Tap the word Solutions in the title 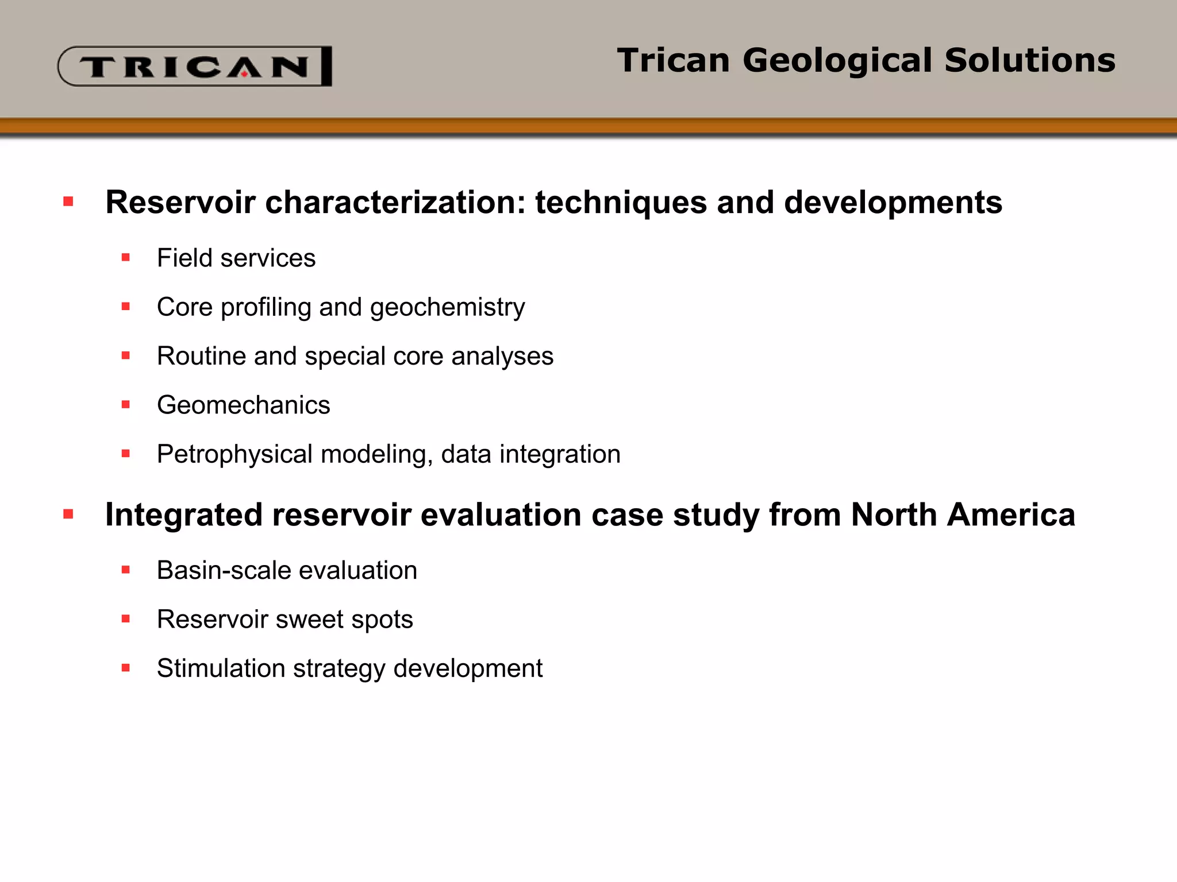tap(1029, 60)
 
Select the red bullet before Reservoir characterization tap(68, 202)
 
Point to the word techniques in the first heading tap(620, 203)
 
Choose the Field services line tap(236, 258)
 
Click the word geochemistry tap(447, 307)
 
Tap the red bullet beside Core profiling tap(126, 307)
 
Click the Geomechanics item tap(243, 405)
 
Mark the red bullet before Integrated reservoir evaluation tap(68, 514)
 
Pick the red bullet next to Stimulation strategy tap(126, 668)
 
